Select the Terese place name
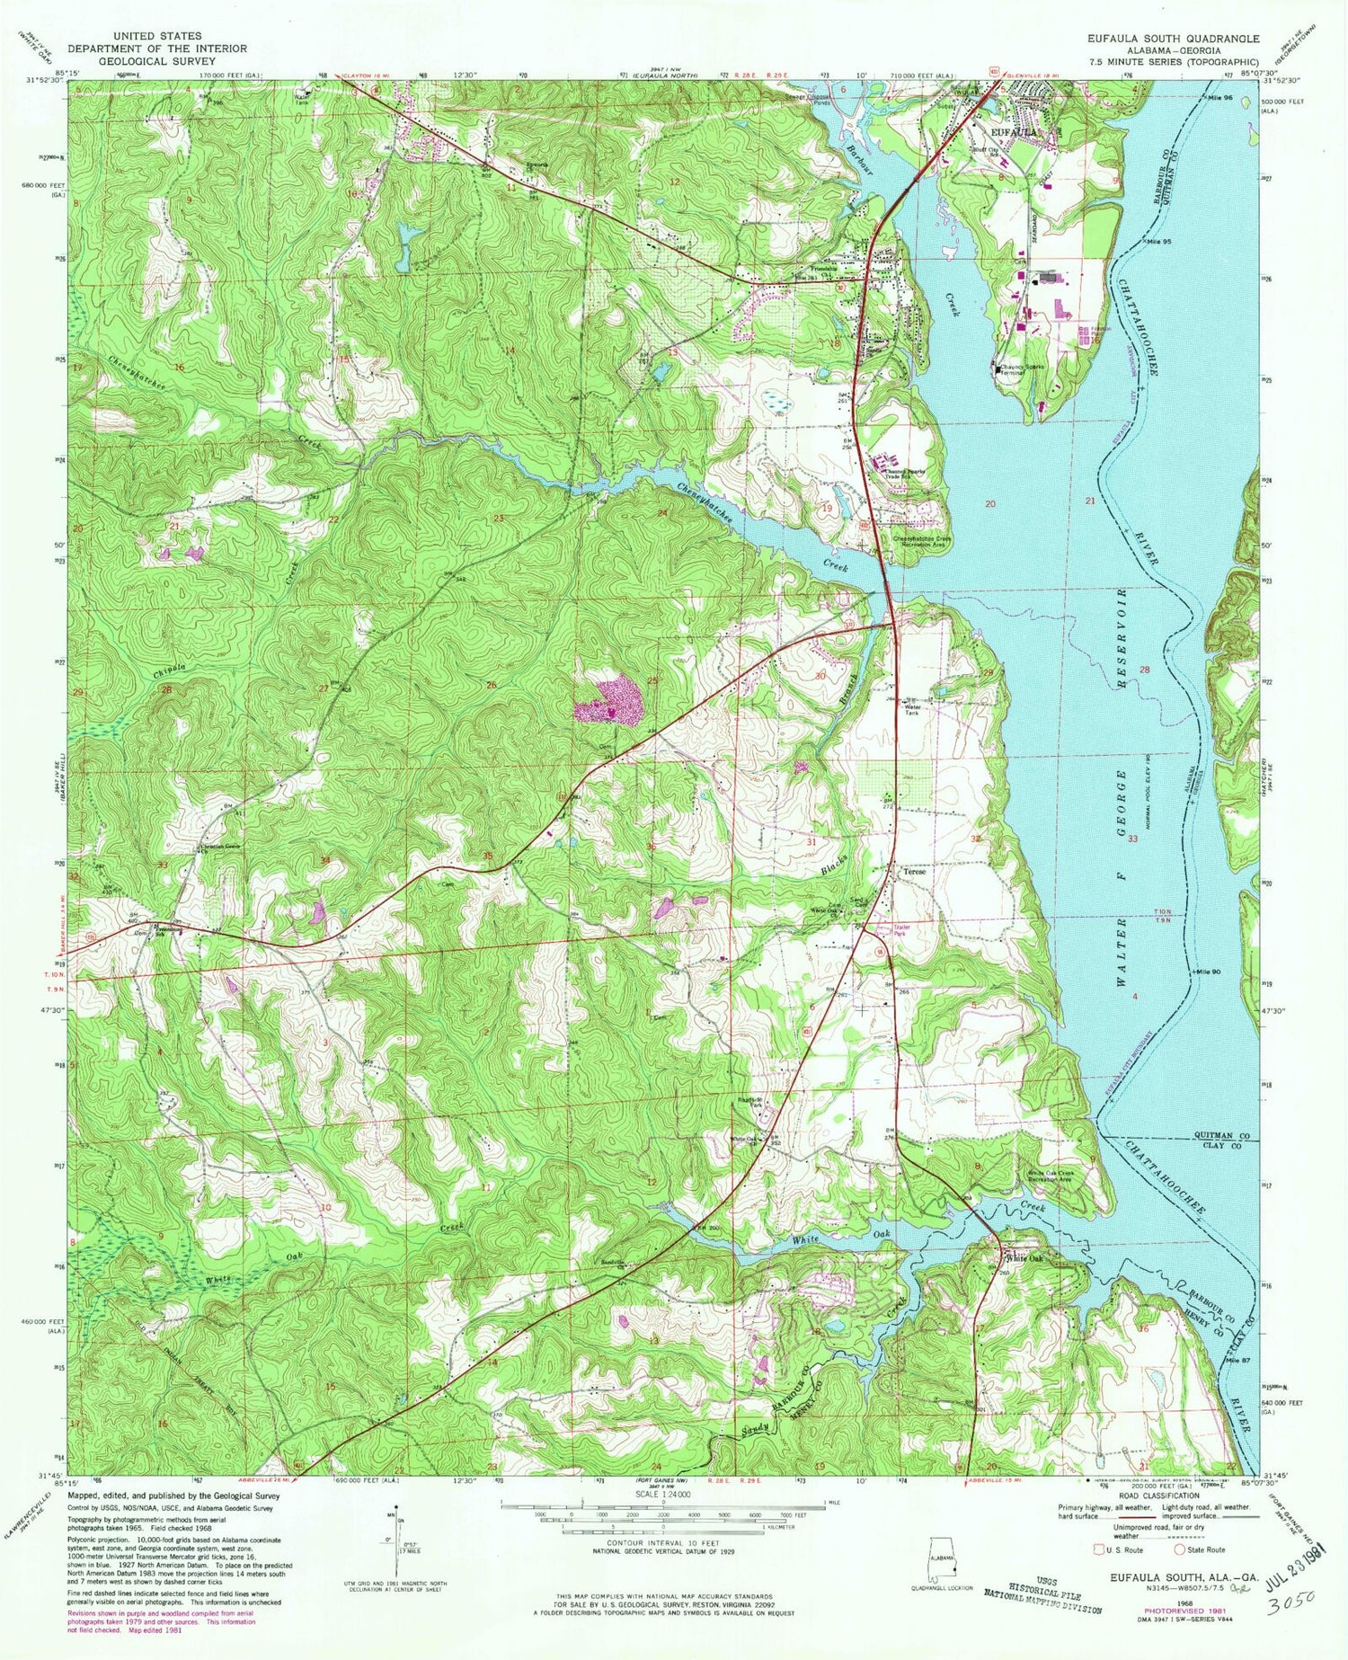coord(915,872)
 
